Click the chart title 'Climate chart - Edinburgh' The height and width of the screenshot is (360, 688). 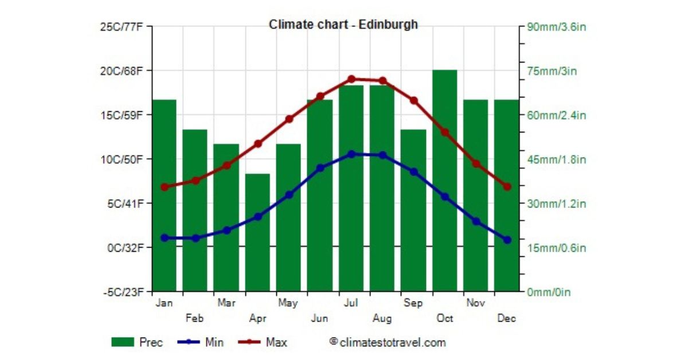(x=343, y=25)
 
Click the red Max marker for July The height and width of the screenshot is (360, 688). (x=351, y=79)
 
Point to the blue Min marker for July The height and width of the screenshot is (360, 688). (x=351, y=154)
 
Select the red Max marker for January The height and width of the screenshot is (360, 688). (x=165, y=187)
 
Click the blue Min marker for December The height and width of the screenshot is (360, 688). (x=507, y=240)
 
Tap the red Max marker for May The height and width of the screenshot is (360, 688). (x=290, y=119)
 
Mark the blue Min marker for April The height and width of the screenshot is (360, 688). (x=258, y=217)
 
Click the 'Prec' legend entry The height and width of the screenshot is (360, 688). (x=138, y=343)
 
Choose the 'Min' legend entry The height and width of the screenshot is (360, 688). (x=201, y=343)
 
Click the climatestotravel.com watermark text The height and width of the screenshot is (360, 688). (x=388, y=343)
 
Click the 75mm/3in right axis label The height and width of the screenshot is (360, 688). (x=553, y=71)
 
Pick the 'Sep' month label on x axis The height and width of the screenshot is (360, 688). (x=413, y=303)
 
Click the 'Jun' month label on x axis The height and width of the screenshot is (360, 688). (x=319, y=318)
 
